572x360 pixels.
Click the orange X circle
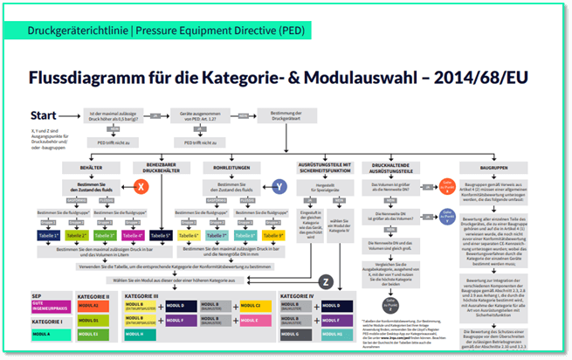click(x=138, y=186)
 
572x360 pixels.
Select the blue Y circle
click(x=279, y=186)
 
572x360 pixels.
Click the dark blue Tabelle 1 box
click(x=48, y=236)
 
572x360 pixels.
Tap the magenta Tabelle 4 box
click(x=133, y=236)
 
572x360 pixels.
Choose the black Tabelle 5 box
click(x=161, y=236)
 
